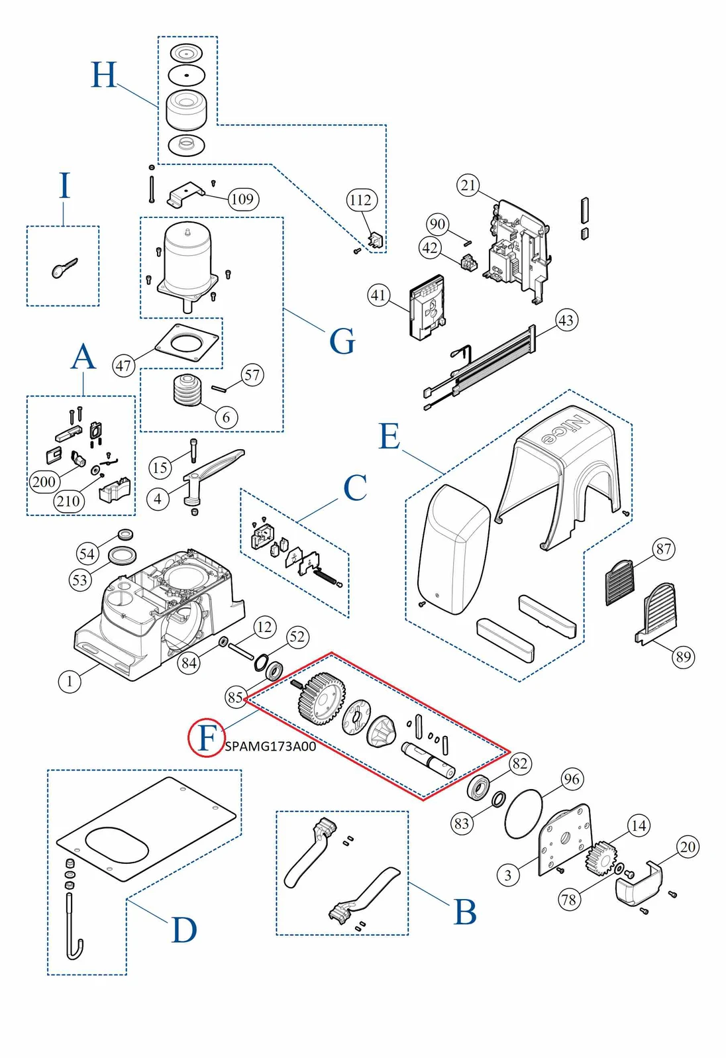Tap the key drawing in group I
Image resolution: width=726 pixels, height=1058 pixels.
tap(64, 268)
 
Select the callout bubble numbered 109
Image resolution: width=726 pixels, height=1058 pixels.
tap(242, 199)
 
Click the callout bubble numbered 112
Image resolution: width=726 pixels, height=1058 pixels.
tap(361, 200)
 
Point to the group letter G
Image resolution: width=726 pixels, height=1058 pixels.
tap(342, 342)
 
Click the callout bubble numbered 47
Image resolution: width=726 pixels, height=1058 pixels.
tap(125, 365)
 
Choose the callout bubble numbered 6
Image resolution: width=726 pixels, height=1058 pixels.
tap(227, 417)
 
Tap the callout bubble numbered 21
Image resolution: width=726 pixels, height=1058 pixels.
tap(468, 185)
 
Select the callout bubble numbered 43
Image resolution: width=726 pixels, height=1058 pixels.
tap(566, 320)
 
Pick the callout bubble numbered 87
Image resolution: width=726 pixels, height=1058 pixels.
tap(664, 549)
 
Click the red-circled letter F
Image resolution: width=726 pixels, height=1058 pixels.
tap(207, 737)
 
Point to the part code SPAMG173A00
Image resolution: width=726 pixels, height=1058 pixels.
tap(270, 747)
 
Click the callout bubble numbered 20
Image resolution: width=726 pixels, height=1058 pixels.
tap(688, 847)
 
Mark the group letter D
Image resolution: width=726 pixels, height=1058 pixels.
tap(183, 931)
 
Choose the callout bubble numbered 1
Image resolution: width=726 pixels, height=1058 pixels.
tap(70, 680)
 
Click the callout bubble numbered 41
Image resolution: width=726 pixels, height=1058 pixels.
tap(378, 295)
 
